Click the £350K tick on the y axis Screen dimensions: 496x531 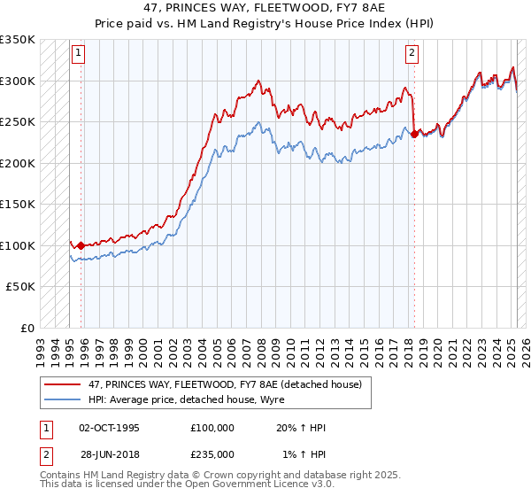tap(18, 40)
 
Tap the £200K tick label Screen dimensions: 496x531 tap(18, 163)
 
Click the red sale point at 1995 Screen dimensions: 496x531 tap(81, 245)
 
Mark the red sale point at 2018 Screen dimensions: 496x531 tap(414, 135)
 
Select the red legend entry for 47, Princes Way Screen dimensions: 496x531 tap(224, 384)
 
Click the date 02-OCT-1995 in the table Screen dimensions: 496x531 tap(109, 428)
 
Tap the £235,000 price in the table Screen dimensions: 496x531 tap(212, 453)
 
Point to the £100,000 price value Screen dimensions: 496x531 tap(212, 428)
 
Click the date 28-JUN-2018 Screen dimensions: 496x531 tap(109, 453)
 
